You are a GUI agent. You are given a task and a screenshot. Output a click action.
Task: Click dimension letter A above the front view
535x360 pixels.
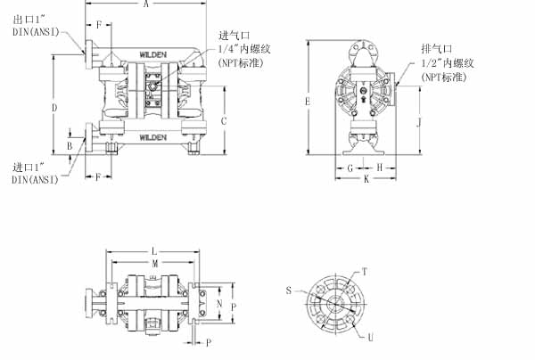click(x=145, y=4)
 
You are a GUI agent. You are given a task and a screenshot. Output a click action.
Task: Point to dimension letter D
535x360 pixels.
click(x=54, y=108)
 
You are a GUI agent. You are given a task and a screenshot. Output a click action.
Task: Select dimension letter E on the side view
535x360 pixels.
click(x=308, y=102)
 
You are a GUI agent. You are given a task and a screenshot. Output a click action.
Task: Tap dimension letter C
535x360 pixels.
click(x=224, y=121)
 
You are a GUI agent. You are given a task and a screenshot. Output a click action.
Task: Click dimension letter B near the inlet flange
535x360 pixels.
click(x=70, y=146)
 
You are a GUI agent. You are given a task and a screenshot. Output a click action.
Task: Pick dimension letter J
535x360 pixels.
click(x=419, y=122)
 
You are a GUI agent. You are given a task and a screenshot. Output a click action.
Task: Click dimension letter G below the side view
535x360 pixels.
click(x=350, y=168)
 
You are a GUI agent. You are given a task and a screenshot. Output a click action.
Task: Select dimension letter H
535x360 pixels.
click(x=379, y=168)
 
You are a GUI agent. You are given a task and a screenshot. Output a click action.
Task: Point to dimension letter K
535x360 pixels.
click(x=366, y=178)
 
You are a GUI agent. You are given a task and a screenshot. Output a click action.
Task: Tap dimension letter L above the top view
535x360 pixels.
click(x=154, y=252)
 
